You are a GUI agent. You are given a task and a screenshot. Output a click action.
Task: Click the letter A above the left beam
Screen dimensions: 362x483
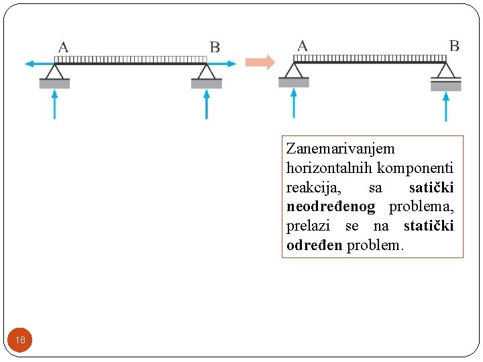63,47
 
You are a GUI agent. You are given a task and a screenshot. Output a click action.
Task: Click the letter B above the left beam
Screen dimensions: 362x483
215,47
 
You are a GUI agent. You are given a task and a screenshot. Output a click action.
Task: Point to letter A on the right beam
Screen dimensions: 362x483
303,46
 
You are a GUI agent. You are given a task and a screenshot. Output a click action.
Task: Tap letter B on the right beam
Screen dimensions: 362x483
454,46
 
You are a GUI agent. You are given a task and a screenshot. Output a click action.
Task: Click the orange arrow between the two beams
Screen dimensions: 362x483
260,62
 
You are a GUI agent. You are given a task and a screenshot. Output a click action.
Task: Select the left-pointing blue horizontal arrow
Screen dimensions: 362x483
38,64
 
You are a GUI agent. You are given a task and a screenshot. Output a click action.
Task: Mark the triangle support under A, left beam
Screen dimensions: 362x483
54,72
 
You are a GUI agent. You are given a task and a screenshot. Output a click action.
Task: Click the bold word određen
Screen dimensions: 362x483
315,245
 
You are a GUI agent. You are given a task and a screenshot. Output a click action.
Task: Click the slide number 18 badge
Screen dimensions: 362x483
20,340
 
